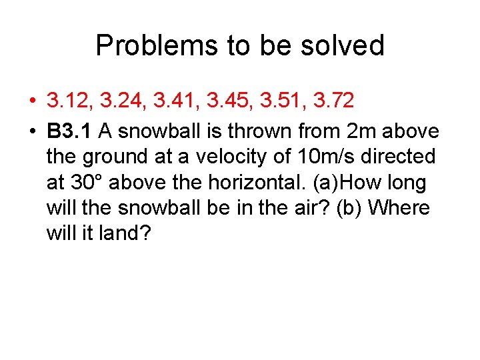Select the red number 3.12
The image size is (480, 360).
pos(70,101)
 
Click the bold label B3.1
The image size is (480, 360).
pos(69,130)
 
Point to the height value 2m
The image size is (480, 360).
pos(361,130)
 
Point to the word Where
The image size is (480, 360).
pos(399,207)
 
